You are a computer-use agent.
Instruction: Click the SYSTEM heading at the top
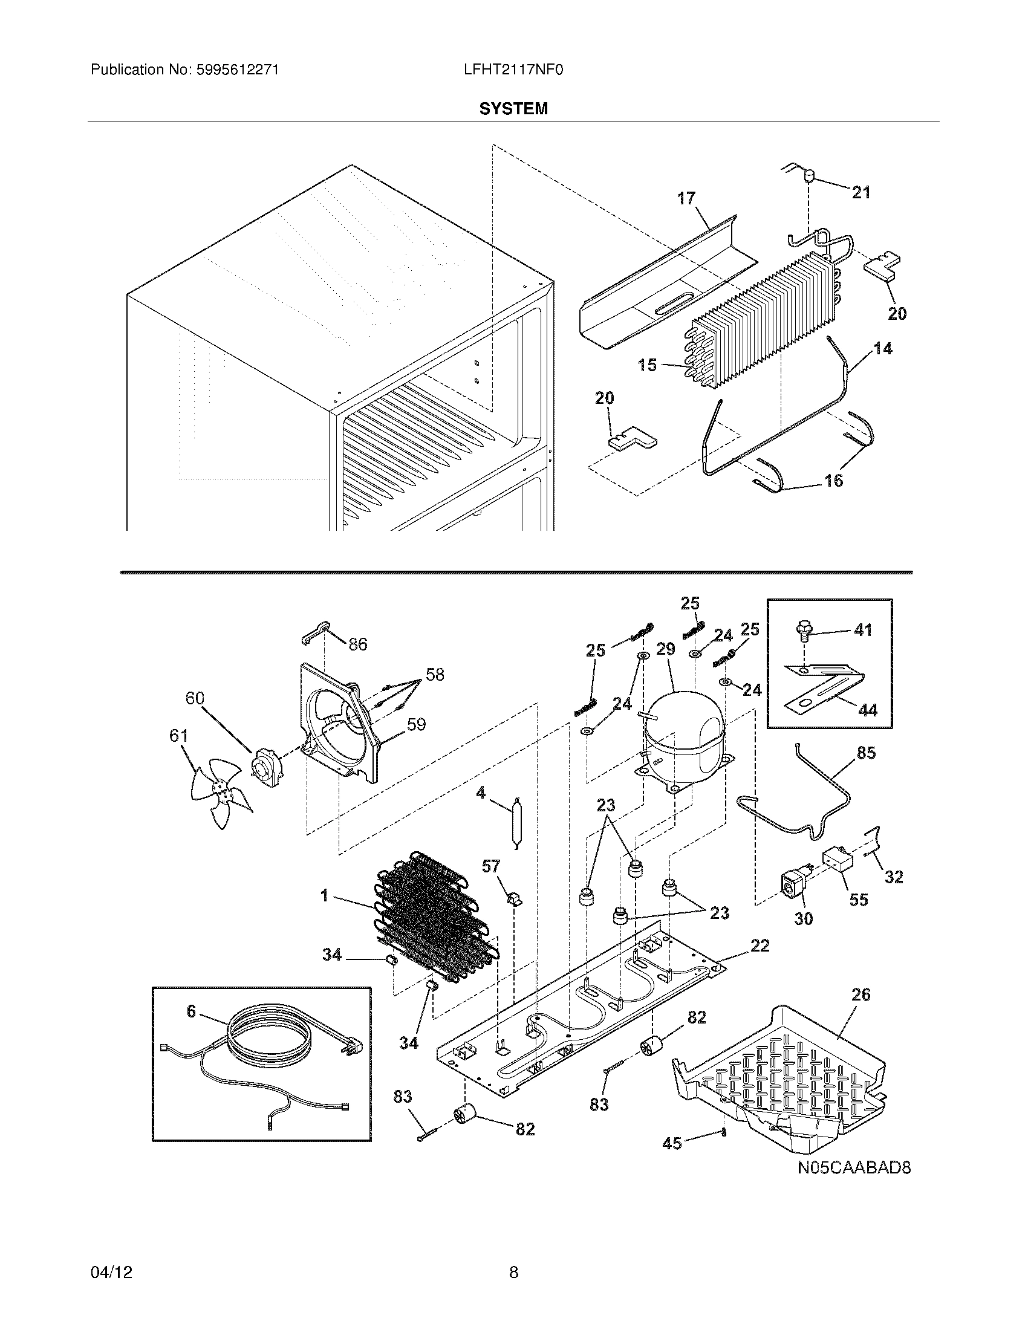pyautogui.click(x=513, y=108)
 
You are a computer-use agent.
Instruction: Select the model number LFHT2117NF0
pyautogui.click(x=513, y=70)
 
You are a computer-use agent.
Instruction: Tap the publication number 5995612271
pyautogui.click(x=237, y=70)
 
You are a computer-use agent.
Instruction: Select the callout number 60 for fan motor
pyautogui.click(x=195, y=698)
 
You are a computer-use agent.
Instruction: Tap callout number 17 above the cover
pyautogui.click(x=686, y=198)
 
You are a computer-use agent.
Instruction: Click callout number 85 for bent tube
pyautogui.click(x=866, y=753)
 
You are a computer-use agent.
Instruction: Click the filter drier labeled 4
pyautogui.click(x=517, y=822)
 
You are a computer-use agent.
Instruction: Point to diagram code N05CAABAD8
pyautogui.click(x=854, y=1168)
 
